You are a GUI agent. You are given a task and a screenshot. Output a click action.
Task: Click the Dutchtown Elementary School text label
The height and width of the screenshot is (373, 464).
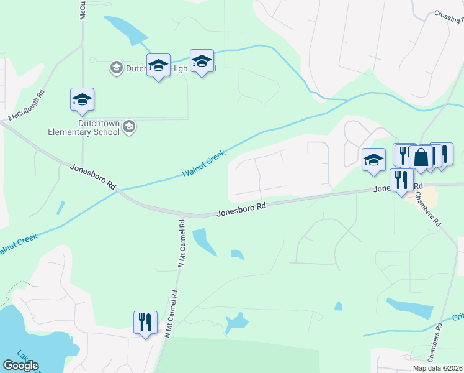tap(84, 127)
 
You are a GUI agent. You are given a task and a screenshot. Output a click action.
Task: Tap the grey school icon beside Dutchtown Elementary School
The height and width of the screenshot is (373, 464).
tap(129, 127)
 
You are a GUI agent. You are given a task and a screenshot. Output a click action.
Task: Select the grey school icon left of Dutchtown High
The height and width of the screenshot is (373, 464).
tap(115, 67)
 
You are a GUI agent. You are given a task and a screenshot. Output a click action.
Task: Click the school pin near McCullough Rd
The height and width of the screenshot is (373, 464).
tap(82, 100)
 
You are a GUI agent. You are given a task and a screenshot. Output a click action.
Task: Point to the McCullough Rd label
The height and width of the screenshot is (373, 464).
tap(27, 107)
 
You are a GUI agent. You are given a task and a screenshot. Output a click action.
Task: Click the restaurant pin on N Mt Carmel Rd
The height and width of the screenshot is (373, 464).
tap(145, 323)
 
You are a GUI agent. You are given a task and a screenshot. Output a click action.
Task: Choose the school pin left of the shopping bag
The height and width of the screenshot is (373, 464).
tap(373, 160)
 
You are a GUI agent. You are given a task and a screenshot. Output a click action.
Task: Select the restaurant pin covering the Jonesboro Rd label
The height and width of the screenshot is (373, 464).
tap(401, 180)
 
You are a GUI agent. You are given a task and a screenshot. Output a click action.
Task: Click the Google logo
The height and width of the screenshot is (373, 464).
tap(20, 366)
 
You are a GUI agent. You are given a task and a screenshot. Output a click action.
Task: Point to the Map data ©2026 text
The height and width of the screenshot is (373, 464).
tap(438, 368)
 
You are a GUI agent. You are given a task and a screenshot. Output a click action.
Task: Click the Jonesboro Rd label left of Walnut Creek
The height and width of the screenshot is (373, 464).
tap(93, 177)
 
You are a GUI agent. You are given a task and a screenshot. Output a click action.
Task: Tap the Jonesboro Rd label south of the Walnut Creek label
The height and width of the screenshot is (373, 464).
tap(242, 208)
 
